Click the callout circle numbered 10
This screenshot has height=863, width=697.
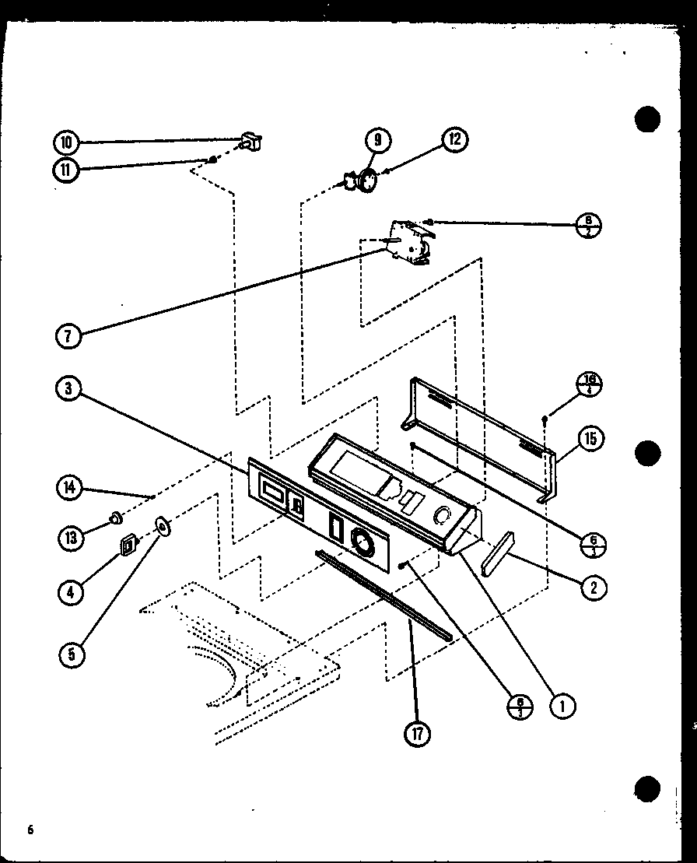(66, 142)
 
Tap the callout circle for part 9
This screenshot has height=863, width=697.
(377, 140)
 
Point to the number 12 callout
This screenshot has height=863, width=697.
(454, 140)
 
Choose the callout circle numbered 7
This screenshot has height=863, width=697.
(68, 335)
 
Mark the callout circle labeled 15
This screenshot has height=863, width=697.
(590, 439)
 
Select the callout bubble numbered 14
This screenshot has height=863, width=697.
(68, 488)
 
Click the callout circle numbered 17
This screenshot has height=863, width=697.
(417, 734)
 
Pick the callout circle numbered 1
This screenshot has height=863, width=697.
(562, 705)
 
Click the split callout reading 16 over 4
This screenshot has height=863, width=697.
(589, 384)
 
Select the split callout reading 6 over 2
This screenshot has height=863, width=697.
(589, 226)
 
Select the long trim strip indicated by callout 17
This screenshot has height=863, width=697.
(385, 595)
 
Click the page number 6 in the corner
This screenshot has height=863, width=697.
(31, 830)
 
